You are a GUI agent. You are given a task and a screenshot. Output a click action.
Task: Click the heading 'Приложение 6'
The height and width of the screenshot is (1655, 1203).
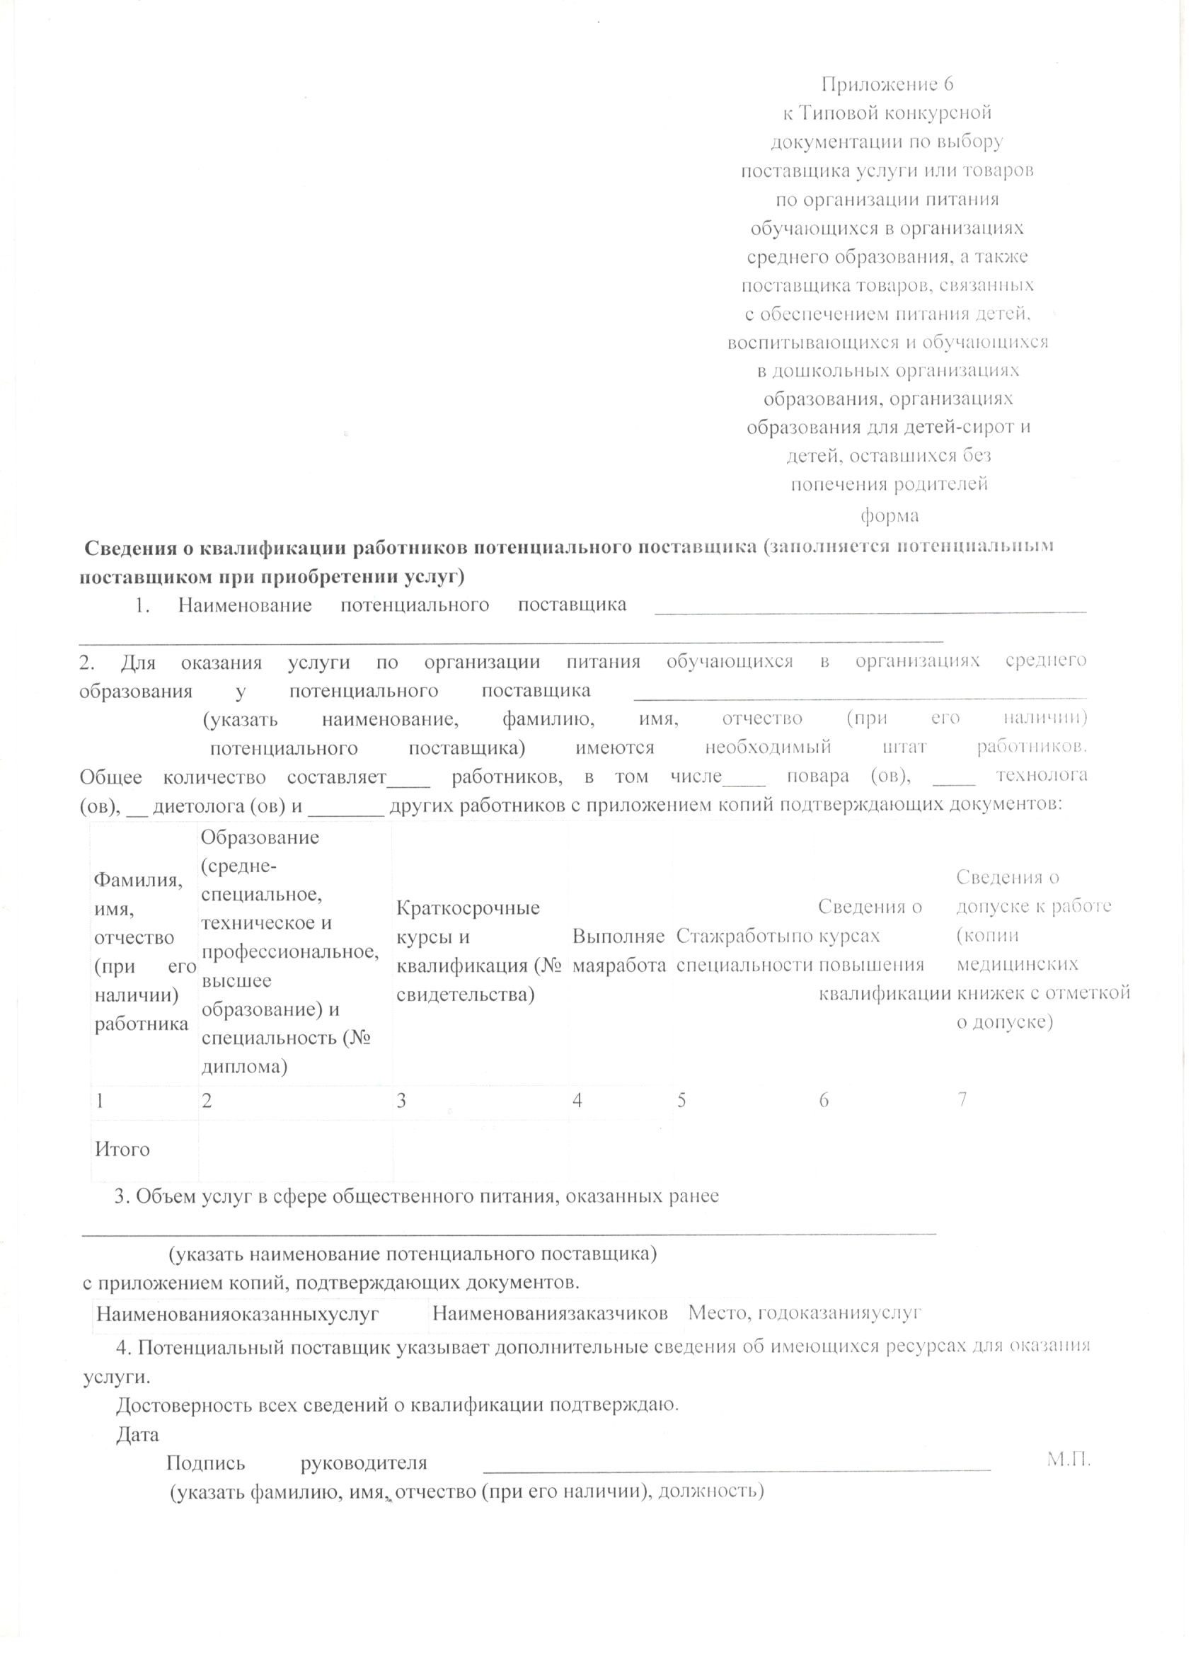coord(887,85)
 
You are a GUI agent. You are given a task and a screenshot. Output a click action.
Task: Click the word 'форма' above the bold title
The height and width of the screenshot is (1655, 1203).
coord(889,515)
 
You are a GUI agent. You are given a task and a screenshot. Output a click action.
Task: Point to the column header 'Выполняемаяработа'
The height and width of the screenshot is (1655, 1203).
coord(618,950)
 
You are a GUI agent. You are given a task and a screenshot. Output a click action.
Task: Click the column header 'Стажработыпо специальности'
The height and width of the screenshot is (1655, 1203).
coord(744,950)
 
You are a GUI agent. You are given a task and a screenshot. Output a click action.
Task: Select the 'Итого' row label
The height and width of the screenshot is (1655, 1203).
coord(122,1150)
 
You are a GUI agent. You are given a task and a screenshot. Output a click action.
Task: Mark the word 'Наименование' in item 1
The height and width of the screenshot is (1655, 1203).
coord(245,605)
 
